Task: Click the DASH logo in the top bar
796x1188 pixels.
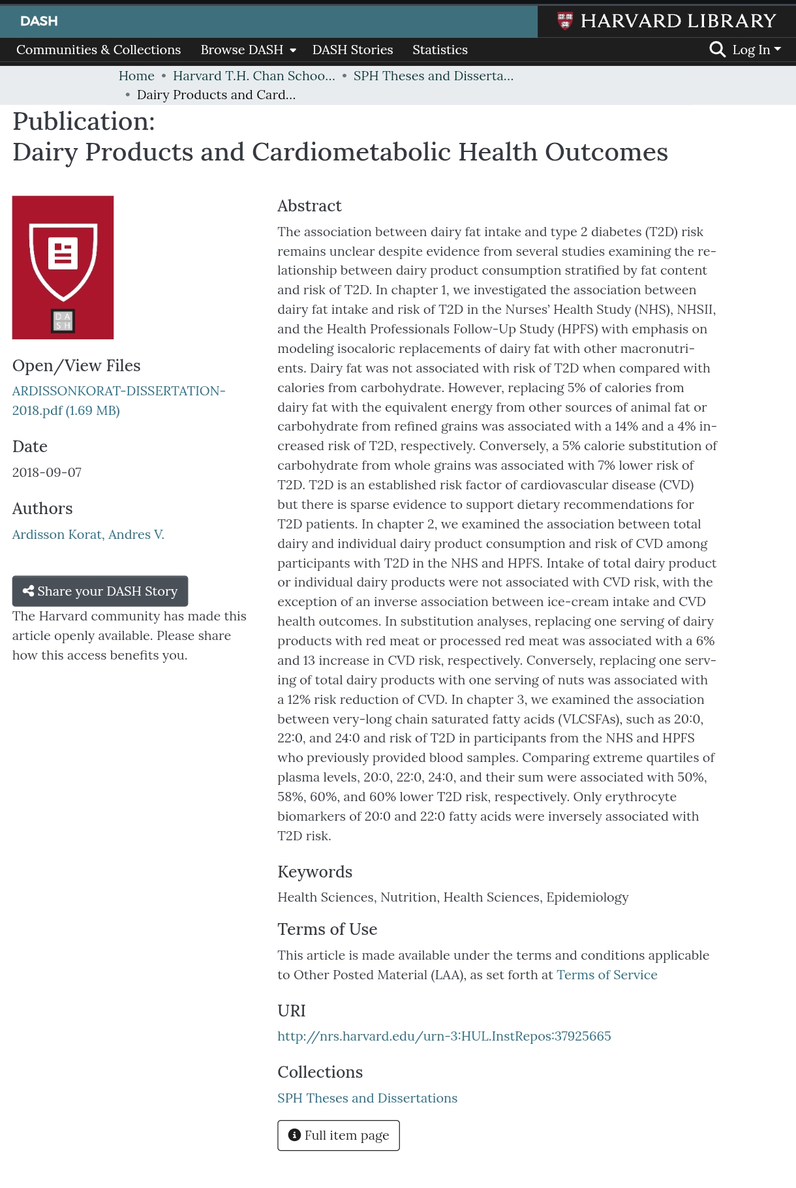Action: (x=39, y=21)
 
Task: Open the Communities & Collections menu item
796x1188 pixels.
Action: (x=99, y=50)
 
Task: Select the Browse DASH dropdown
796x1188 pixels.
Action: (x=248, y=50)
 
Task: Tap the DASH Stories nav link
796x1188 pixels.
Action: (x=352, y=50)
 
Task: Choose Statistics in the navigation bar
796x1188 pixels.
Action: (x=440, y=50)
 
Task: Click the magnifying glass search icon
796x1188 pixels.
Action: (x=717, y=50)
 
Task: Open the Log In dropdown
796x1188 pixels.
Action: (x=756, y=50)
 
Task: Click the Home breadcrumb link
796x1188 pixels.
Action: (x=136, y=76)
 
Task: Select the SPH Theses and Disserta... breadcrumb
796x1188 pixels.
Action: (x=433, y=76)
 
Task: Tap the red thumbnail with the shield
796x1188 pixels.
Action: (x=63, y=267)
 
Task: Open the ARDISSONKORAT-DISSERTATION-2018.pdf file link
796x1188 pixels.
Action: (x=118, y=401)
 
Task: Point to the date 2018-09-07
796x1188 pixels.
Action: (x=47, y=472)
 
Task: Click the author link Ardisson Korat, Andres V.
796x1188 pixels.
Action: (x=88, y=535)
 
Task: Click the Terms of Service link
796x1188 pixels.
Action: (x=607, y=975)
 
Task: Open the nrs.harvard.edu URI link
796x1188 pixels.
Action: (x=444, y=1037)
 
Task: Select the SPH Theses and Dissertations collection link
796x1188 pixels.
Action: (x=367, y=1099)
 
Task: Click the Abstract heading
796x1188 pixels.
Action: (x=309, y=206)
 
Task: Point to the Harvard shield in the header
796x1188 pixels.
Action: (x=565, y=21)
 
